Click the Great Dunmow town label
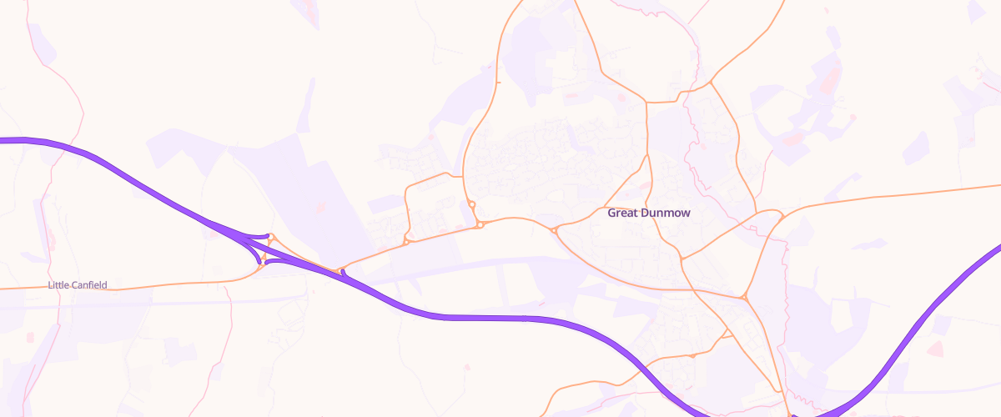tap(648, 213)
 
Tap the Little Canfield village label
tap(78, 285)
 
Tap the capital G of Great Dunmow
tap(611, 213)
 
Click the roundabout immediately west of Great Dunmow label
tap(554, 230)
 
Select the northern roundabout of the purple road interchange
tap(270, 238)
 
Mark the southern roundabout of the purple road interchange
tap(260, 264)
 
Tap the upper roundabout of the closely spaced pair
tap(471, 204)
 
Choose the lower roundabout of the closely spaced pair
tap(480, 224)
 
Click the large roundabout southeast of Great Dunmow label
tap(744, 296)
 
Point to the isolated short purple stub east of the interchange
tap(344, 273)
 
